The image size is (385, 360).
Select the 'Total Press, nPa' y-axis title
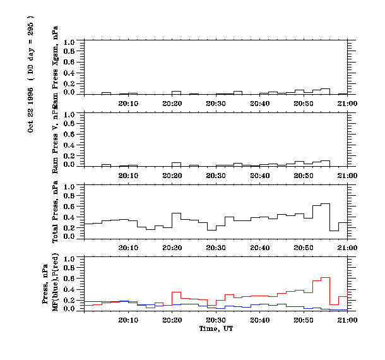tap(56, 212)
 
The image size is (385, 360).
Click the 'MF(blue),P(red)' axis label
tap(56, 284)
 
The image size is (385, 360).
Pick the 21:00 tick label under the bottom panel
tap(348, 320)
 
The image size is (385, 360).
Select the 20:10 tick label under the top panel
tap(128, 103)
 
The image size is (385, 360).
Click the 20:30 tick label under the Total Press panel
tap(216, 248)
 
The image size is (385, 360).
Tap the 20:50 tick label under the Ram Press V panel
tap(304, 176)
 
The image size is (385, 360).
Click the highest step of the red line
tap(326, 277)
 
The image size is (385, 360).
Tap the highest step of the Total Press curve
tap(326, 203)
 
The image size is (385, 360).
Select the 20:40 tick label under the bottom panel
tap(260, 320)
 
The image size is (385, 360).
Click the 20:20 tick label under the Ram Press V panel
tap(172, 176)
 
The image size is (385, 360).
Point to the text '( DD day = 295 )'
tap(31, 47)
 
